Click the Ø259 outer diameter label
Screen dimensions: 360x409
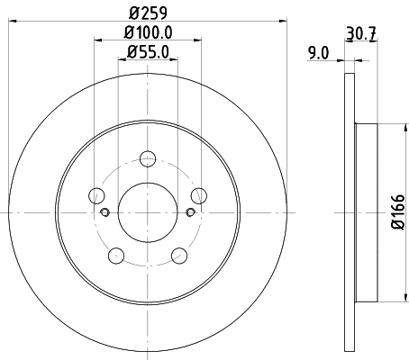pos(148,14)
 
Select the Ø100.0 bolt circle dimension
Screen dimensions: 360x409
pos(147,34)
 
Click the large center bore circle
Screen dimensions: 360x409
pos(147,212)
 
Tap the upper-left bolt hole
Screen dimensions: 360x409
pos(95,195)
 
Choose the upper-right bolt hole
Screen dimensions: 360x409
pos(198,195)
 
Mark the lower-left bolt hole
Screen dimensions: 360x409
pos(115,256)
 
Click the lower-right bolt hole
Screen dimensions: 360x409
pos(178,256)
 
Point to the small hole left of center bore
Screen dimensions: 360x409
pos(104,212)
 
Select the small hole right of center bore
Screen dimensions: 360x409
pos(190,212)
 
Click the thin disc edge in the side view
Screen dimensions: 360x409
pos(349,212)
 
